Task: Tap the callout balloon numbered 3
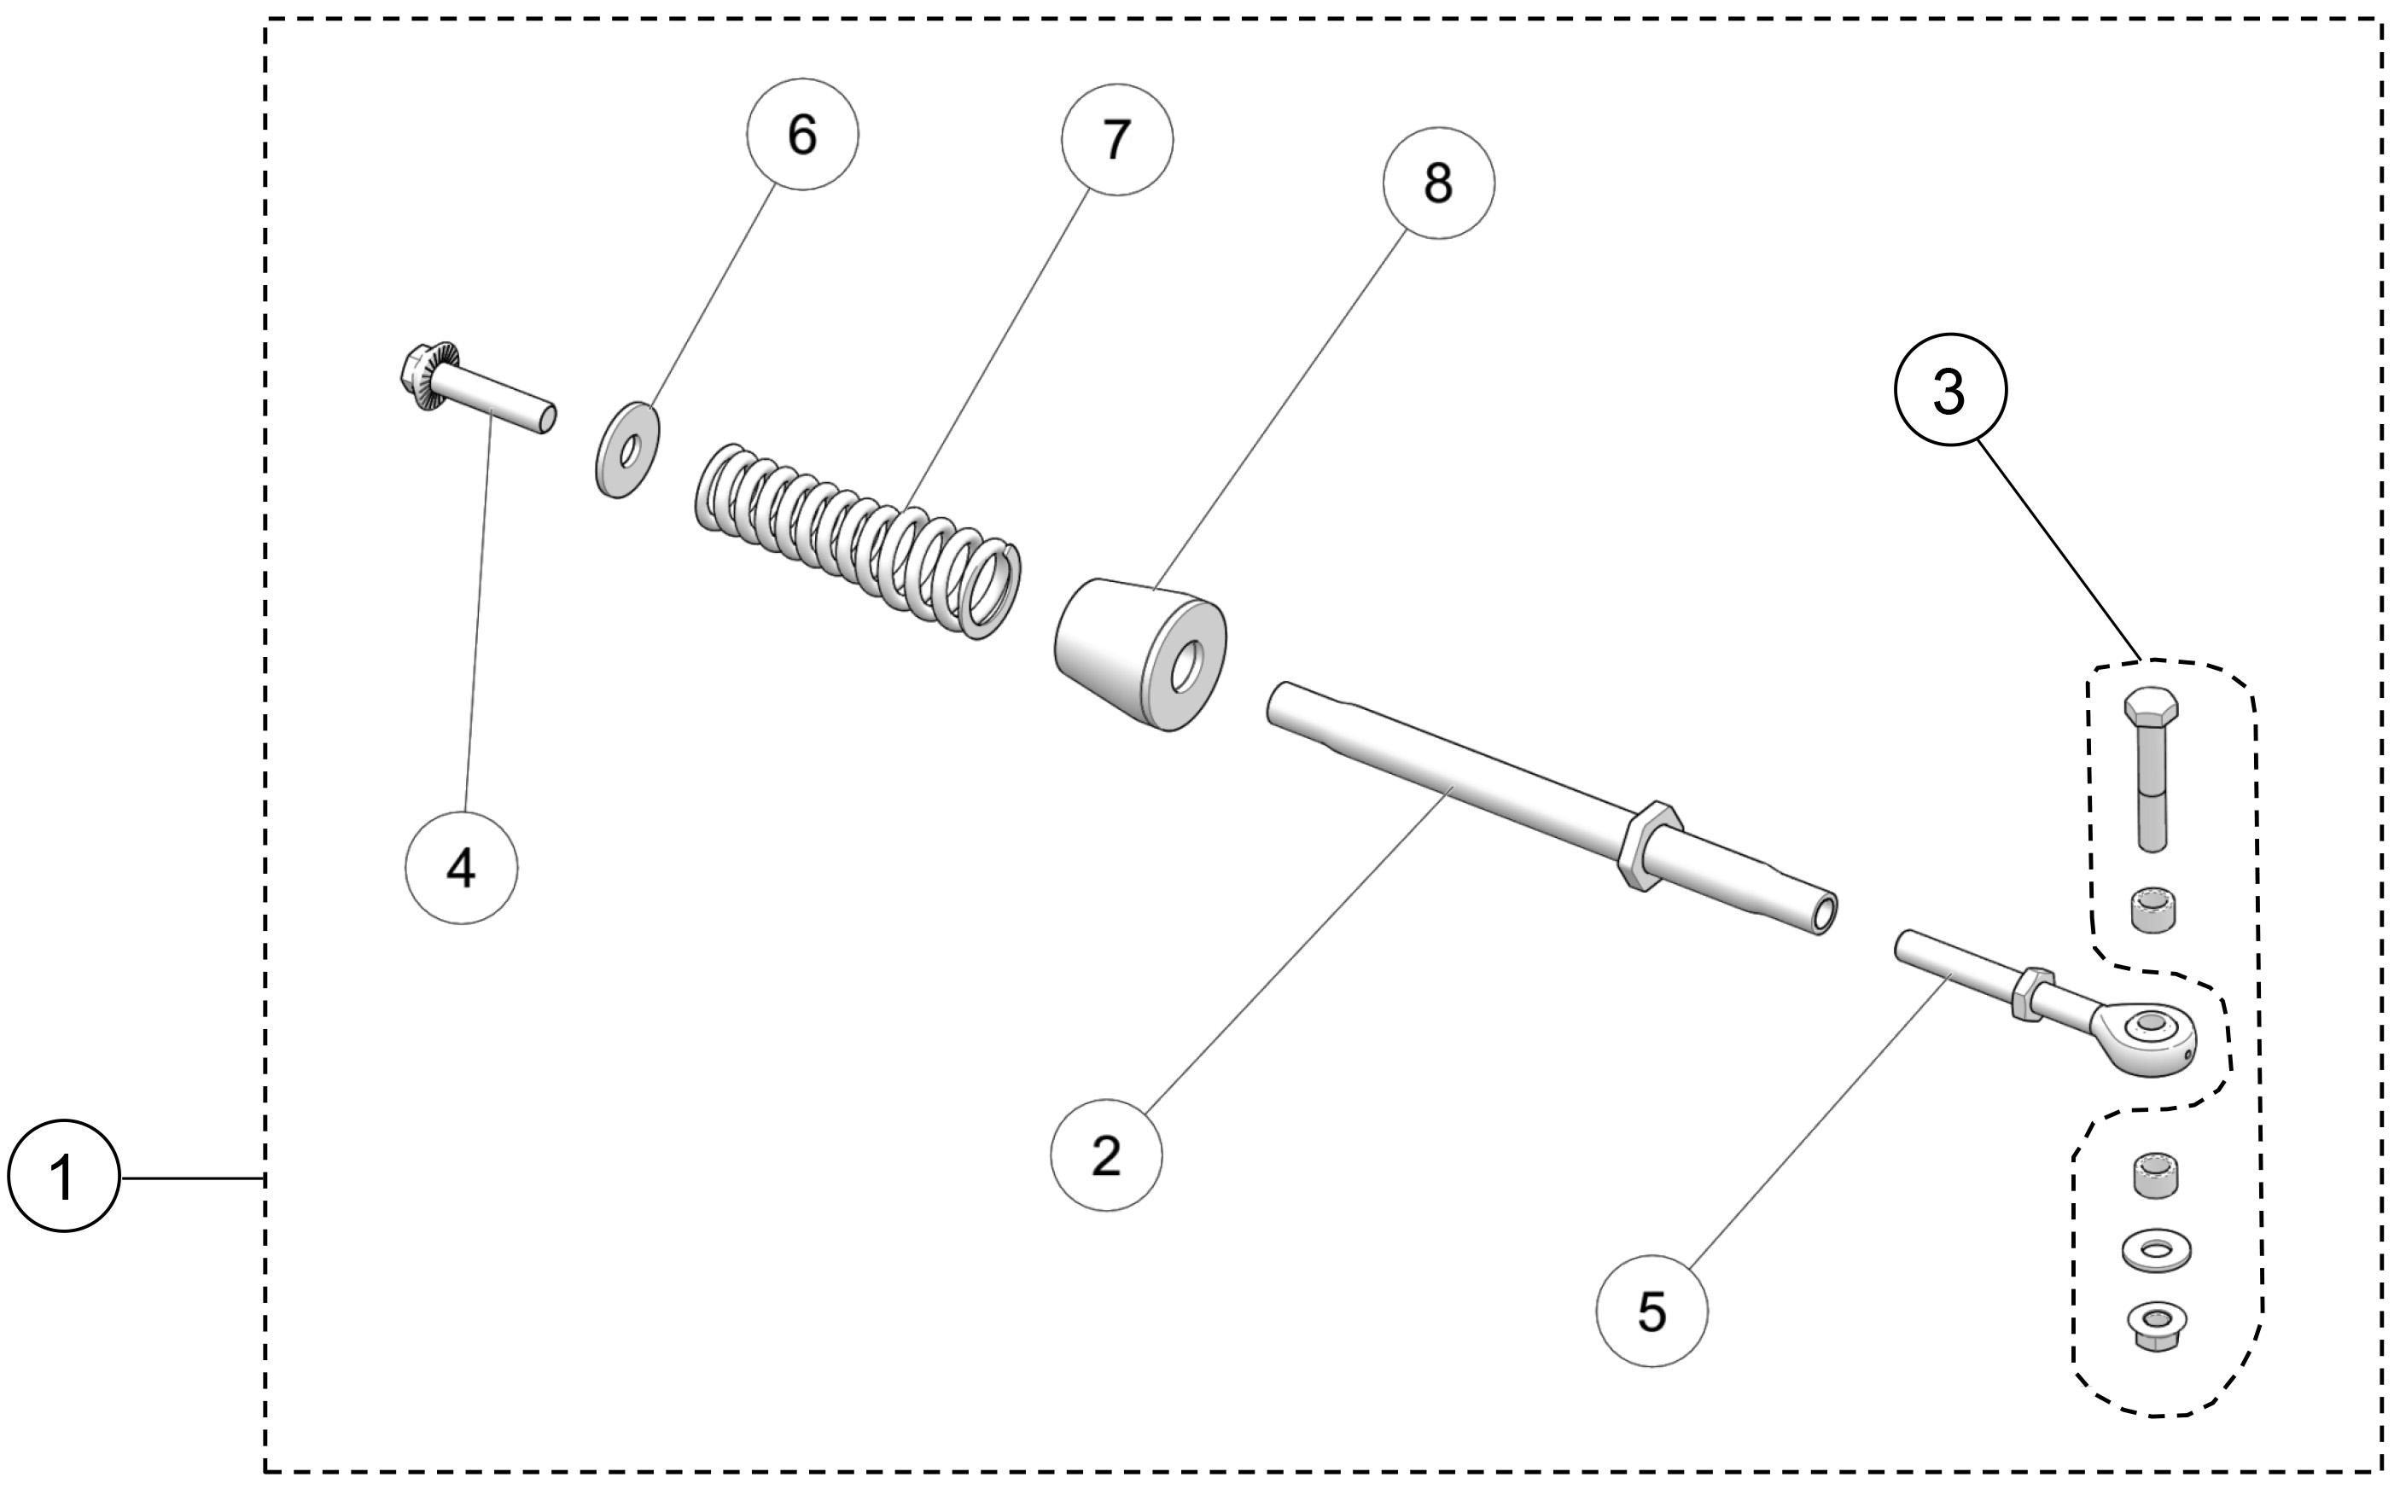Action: point(1949,390)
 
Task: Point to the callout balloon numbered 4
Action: point(461,868)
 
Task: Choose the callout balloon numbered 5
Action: point(1651,1310)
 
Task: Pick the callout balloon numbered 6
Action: point(801,134)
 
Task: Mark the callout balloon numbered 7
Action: point(1116,140)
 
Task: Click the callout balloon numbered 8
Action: point(1438,183)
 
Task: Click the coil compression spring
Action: point(857,537)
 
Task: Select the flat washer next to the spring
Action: point(627,449)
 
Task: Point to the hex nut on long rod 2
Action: point(1647,846)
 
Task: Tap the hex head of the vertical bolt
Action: point(2151,706)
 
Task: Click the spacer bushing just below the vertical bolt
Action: point(2152,908)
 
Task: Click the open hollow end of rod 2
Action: point(1824,914)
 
